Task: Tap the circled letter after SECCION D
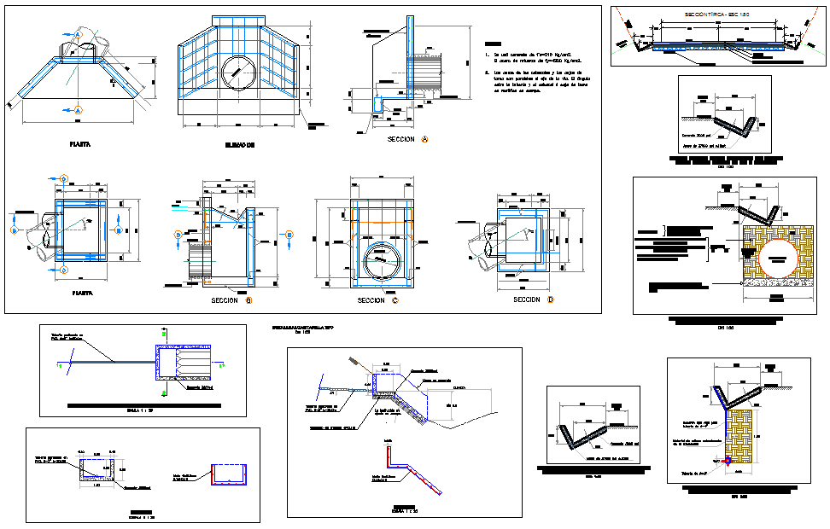[551, 299]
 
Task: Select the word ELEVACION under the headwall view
[238, 145]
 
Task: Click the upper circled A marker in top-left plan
[78, 33]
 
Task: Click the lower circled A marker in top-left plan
[78, 110]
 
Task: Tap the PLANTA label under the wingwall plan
[81, 145]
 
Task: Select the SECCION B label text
[227, 300]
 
